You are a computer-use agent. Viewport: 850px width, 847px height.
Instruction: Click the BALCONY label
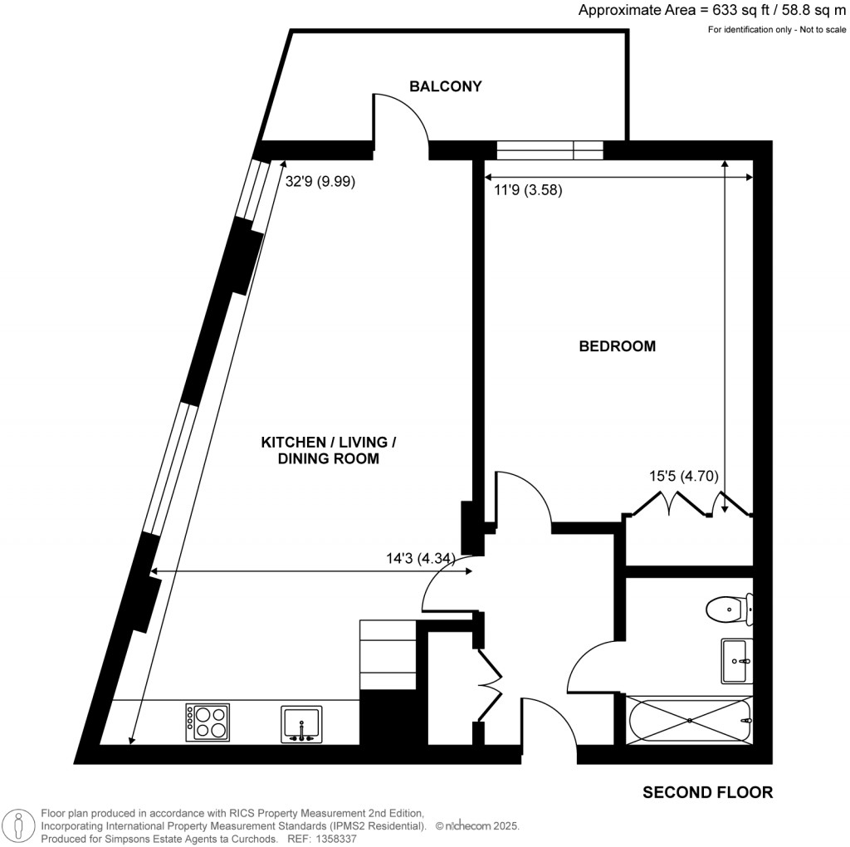pos(445,86)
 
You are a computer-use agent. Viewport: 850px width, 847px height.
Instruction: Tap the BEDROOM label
pos(618,346)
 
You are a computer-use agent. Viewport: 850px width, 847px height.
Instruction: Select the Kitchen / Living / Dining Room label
pos(329,450)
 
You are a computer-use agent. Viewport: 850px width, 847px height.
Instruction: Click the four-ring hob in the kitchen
pos(208,722)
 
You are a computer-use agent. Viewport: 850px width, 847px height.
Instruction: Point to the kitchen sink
pos(301,724)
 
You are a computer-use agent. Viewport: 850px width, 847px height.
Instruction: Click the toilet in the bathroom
pos(729,609)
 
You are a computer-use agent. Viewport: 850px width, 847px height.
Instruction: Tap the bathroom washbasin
pos(737,660)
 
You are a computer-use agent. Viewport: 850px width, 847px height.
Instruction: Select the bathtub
pos(690,721)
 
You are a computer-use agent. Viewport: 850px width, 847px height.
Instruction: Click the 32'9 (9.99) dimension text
pos(320,181)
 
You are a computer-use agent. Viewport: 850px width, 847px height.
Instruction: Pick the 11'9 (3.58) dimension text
pos(528,190)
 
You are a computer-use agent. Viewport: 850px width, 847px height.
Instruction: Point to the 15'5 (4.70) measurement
pos(684,476)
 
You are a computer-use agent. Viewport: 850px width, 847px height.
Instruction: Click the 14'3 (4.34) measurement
pos(421,559)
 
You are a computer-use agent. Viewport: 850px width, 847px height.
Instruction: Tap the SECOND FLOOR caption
pos(707,792)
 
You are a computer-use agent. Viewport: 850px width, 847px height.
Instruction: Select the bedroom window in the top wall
pos(550,150)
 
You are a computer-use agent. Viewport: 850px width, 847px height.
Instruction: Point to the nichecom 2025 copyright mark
pos(477,826)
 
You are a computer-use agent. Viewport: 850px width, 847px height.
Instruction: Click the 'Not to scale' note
pos(823,30)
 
